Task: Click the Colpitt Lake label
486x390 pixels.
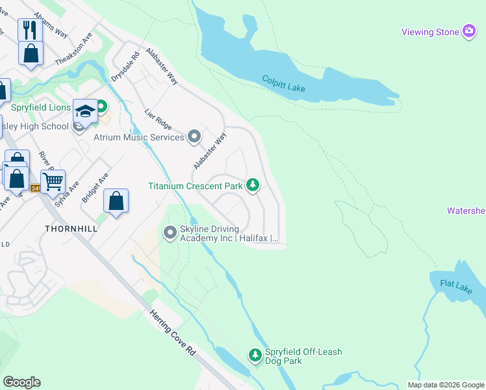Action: (283, 83)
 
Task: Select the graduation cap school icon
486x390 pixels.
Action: (85, 112)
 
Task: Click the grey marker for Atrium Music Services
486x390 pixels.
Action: (194, 136)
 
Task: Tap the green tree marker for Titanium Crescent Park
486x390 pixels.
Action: (253, 186)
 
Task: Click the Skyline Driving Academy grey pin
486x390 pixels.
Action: (170, 232)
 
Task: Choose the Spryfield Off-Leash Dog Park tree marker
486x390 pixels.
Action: (255, 355)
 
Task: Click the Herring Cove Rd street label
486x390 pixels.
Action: (173, 331)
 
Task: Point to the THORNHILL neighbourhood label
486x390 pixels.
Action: (71, 229)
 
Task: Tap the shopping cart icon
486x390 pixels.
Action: (53, 180)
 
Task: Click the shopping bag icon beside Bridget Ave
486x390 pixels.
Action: (116, 201)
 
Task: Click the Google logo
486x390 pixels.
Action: (21, 382)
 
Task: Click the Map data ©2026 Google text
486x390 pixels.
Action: (445, 385)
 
